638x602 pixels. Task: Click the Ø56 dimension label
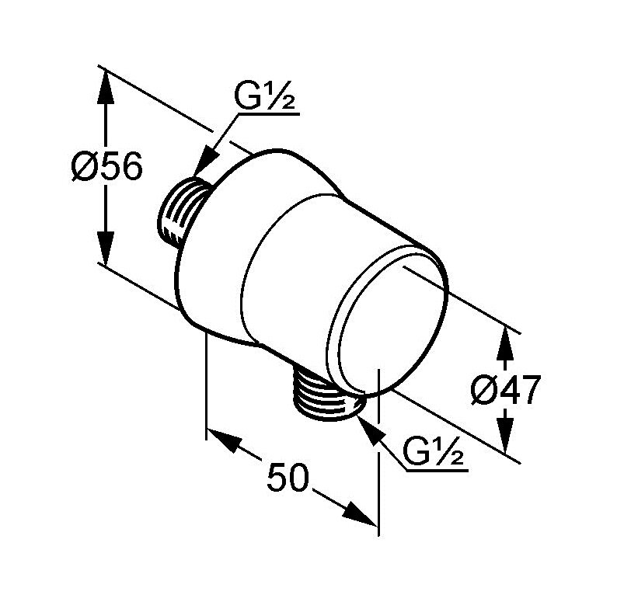[106, 165]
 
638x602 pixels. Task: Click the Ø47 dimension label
[506, 390]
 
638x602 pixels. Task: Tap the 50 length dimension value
[288, 477]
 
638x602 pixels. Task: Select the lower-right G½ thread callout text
[433, 451]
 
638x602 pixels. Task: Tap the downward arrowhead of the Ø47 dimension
[504, 433]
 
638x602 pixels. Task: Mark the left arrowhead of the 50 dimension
[223, 440]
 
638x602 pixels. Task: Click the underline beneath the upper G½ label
[268, 115]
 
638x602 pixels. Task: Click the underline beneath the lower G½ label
[437, 471]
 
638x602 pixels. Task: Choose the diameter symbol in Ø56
[84, 165]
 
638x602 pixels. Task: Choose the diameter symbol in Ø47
[484, 390]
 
